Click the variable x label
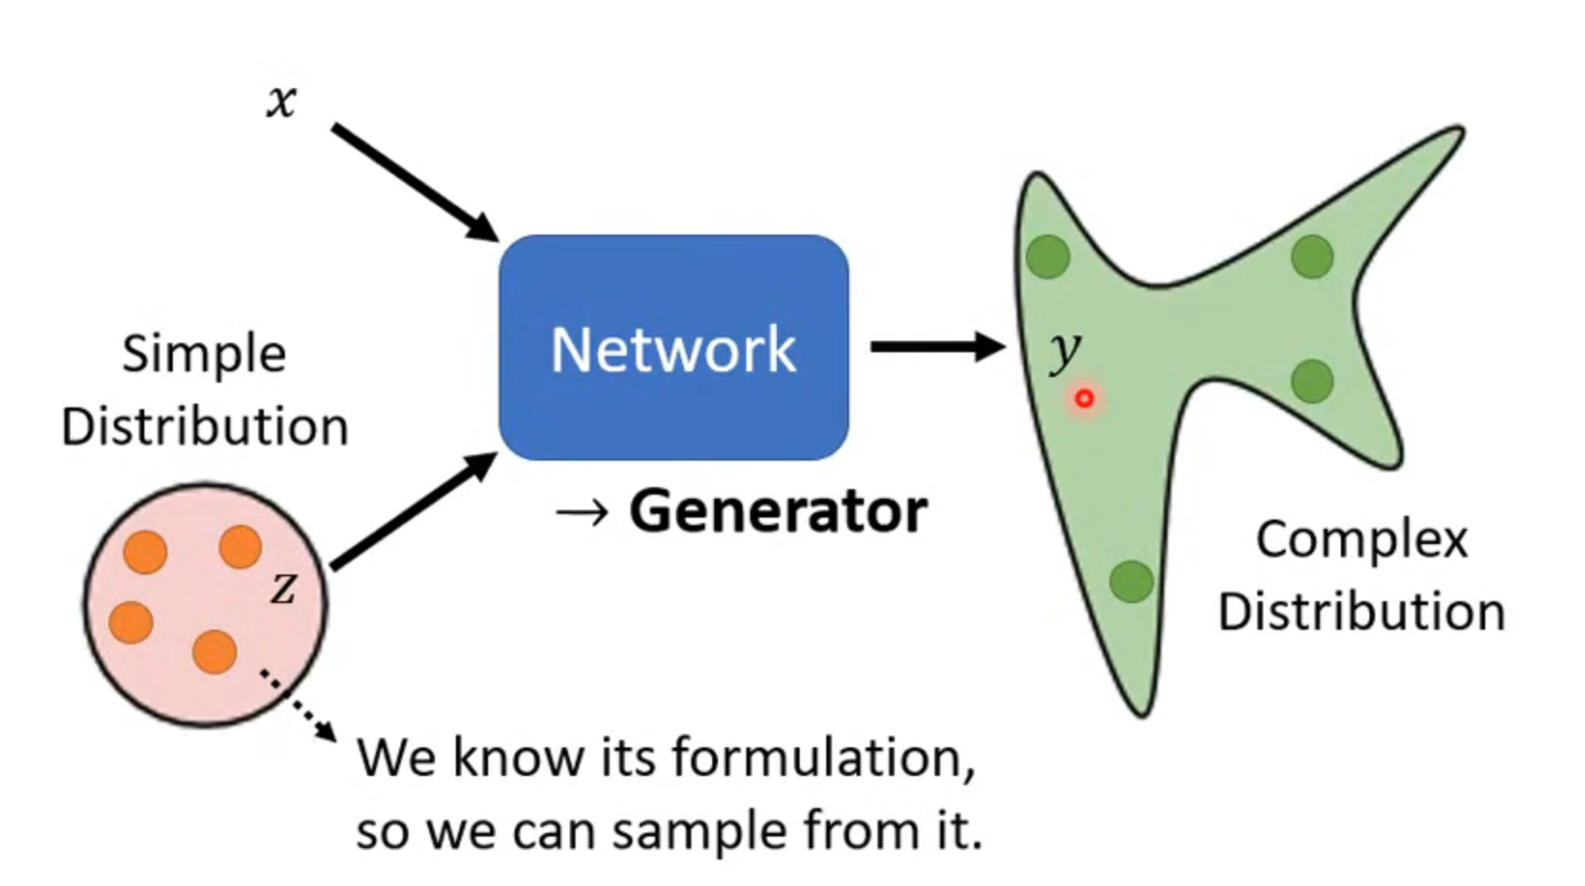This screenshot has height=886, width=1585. pos(282,102)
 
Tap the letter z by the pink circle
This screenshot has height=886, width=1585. pos(284,588)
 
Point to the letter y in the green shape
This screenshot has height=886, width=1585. pos(1065,350)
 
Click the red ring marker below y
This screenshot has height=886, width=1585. pos(1084,399)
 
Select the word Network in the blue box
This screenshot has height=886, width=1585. pos(673,349)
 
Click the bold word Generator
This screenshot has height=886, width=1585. pos(779,511)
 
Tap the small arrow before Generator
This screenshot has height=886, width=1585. pos(581,513)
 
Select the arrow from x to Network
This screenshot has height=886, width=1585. pos(415,183)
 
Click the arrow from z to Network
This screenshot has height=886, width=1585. pos(415,511)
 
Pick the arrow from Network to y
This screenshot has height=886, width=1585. pos(938,347)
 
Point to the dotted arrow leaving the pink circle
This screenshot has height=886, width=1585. pos(298,705)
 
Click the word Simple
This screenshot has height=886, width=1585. pos(204,354)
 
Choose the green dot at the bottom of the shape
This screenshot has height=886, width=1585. pos(1131,582)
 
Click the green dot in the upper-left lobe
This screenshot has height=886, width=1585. pos(1047,256)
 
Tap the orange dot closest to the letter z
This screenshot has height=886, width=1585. pos(240,547)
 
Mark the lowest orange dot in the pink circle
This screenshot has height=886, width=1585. pos(215,652)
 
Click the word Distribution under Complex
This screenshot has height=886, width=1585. pos(1362,613)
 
